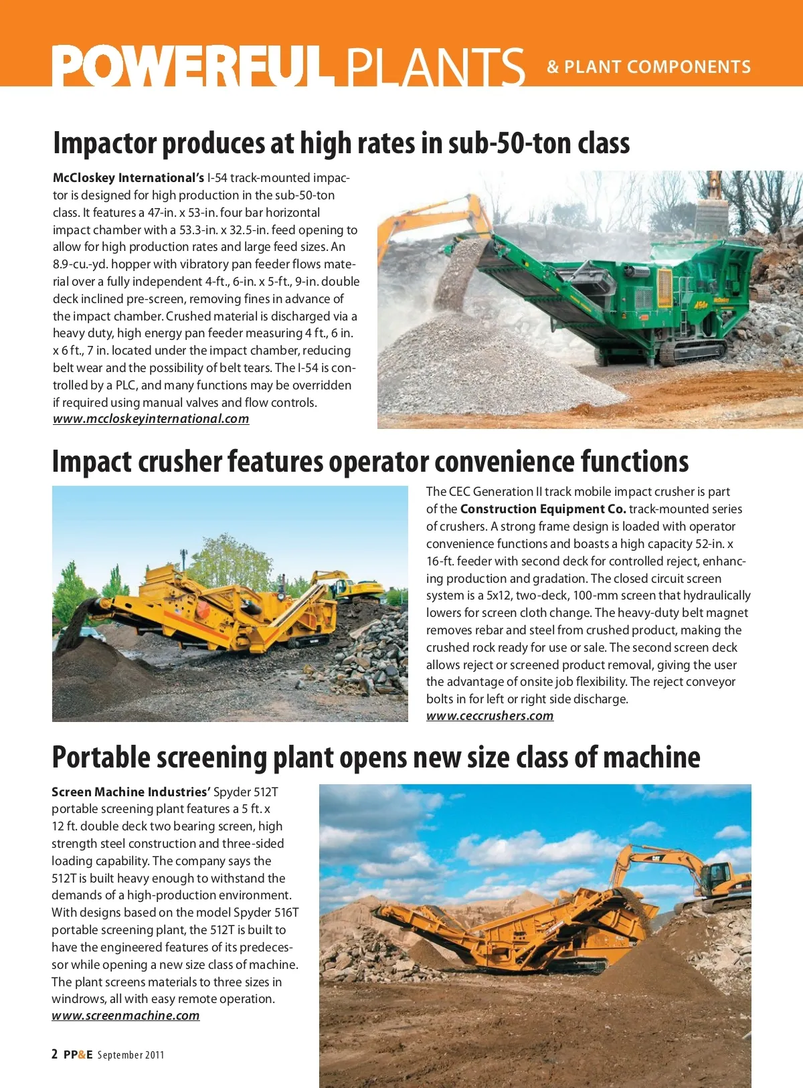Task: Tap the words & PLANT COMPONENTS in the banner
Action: pos(648,67)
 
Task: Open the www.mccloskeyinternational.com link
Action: pos(151,419)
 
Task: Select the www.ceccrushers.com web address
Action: pos(490,716)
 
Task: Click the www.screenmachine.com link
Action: pos(125,1016)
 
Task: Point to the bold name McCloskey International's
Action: pos(128,178)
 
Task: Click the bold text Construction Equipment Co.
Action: pos(543,509)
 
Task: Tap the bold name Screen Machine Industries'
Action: pos(130,792)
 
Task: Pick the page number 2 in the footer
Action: pos(55,1055)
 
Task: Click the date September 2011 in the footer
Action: pos(130,1055)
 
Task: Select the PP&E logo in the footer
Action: pos(78,1055)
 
